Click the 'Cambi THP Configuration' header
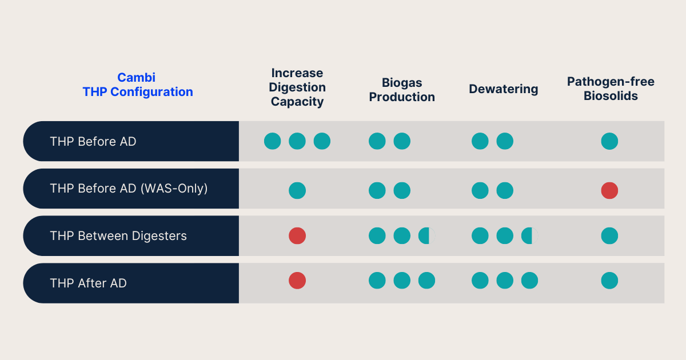point(137,85)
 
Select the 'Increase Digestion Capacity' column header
point(297,87)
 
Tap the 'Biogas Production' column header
point(402,90)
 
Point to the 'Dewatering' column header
point(504,89)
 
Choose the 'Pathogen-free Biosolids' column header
point(611,89)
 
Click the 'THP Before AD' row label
point(93,141)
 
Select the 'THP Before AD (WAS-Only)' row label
point(129,188)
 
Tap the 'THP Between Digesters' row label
point(118,235)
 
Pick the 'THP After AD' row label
point(88,283)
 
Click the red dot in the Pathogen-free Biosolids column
point(609,191)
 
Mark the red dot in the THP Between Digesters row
point(297,235)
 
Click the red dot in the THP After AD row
point(297,281)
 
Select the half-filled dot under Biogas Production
point(426,235)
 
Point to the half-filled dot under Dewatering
point(529,235)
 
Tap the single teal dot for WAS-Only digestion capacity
point(297,191)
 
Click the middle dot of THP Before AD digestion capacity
point(297,141)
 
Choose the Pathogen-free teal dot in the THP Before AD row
point(609,141)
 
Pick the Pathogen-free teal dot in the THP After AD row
point(609,281)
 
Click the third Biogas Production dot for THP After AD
point(426,281)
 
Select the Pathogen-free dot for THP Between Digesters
point(609,235)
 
